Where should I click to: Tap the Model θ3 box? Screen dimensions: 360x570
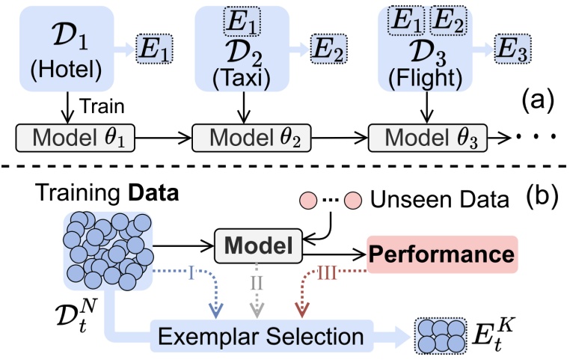[x=426, y=138]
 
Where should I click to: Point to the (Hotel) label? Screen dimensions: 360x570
[x=64, y=71]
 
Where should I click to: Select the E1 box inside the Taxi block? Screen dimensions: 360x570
[x=241, y=22]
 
